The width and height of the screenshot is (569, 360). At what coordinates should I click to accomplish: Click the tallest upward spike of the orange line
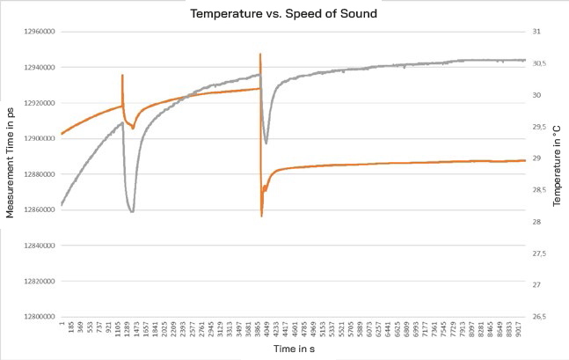260,55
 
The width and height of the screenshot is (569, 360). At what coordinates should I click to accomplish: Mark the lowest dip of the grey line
131,212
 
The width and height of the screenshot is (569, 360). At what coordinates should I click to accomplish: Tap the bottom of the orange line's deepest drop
261,216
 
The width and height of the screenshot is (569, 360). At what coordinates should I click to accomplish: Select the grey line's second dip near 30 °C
266,143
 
